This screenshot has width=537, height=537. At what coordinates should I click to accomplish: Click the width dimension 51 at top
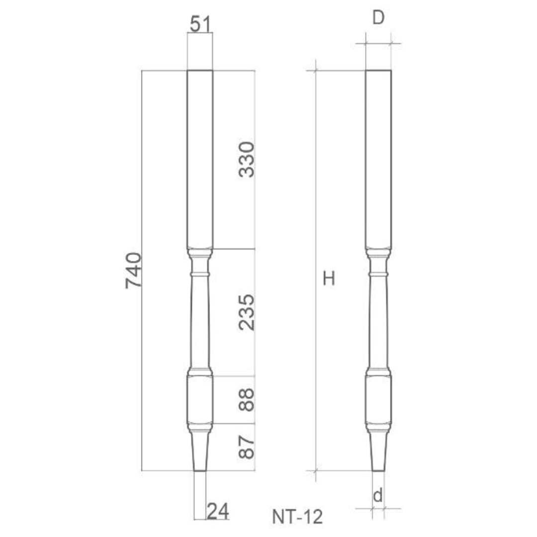200,23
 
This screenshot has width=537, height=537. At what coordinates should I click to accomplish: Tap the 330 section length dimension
246,159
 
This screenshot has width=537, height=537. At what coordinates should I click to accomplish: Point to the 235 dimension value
246,312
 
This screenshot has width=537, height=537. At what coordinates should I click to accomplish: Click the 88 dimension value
246,400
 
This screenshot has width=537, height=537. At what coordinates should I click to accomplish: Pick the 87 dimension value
246,447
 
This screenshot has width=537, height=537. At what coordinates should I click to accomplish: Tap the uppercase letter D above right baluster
378,18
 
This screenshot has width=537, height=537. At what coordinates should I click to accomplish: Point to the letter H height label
328,279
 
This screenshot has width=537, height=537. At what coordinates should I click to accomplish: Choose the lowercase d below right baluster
378,495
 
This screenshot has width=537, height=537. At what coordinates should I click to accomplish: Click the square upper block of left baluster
200,159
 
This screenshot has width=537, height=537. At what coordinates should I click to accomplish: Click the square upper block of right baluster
378,159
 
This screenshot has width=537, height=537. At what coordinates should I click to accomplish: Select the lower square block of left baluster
200,400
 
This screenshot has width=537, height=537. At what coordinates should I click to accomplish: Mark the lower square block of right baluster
378,400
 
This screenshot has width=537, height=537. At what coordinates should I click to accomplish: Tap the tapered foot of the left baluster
200,450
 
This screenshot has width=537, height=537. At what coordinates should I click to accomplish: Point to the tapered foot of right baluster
378,450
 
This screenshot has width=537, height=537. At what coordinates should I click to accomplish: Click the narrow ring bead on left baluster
200,274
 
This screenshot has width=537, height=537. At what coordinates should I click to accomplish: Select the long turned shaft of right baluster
378,323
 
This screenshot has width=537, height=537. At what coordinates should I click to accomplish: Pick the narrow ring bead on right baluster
378,274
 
